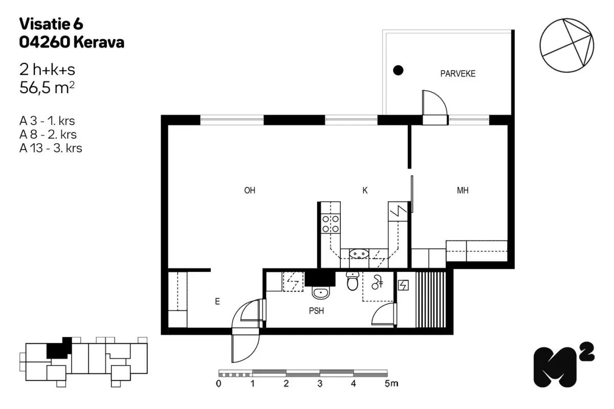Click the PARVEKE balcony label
[458, 74]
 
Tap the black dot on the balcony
[398, 71]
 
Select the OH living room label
[250, 190]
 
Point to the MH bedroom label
[463, 190]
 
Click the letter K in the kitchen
[365, 190]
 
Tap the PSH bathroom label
[316, 311]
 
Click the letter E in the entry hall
[217, 302]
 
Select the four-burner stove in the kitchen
[331, 223]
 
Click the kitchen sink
[359, 254]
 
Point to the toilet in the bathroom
[353, 281]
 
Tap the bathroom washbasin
[321, 293]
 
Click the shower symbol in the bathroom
[377, 282]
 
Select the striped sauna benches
[430, 300]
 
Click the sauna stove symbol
[403, 285]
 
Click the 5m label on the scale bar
[391, 383]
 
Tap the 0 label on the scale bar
[218, 384]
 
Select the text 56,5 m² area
[47, 87]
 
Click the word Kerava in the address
[99, 42]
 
